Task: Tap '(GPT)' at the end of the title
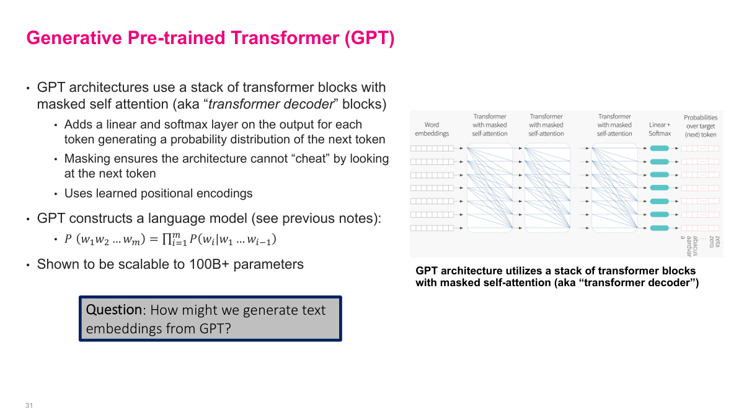point(369,38)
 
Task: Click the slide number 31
point(29,405)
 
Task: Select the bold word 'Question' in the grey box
point(113,310)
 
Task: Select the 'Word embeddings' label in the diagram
point(432,129)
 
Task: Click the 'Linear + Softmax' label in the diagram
point(659,129)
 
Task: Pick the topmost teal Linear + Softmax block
point(660,148)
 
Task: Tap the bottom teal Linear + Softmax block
point(660,228)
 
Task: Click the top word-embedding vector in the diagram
point(432,148)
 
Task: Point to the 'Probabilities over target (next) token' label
point(700,125)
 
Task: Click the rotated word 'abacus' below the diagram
point(696,246)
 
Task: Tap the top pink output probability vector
point(700,148)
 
